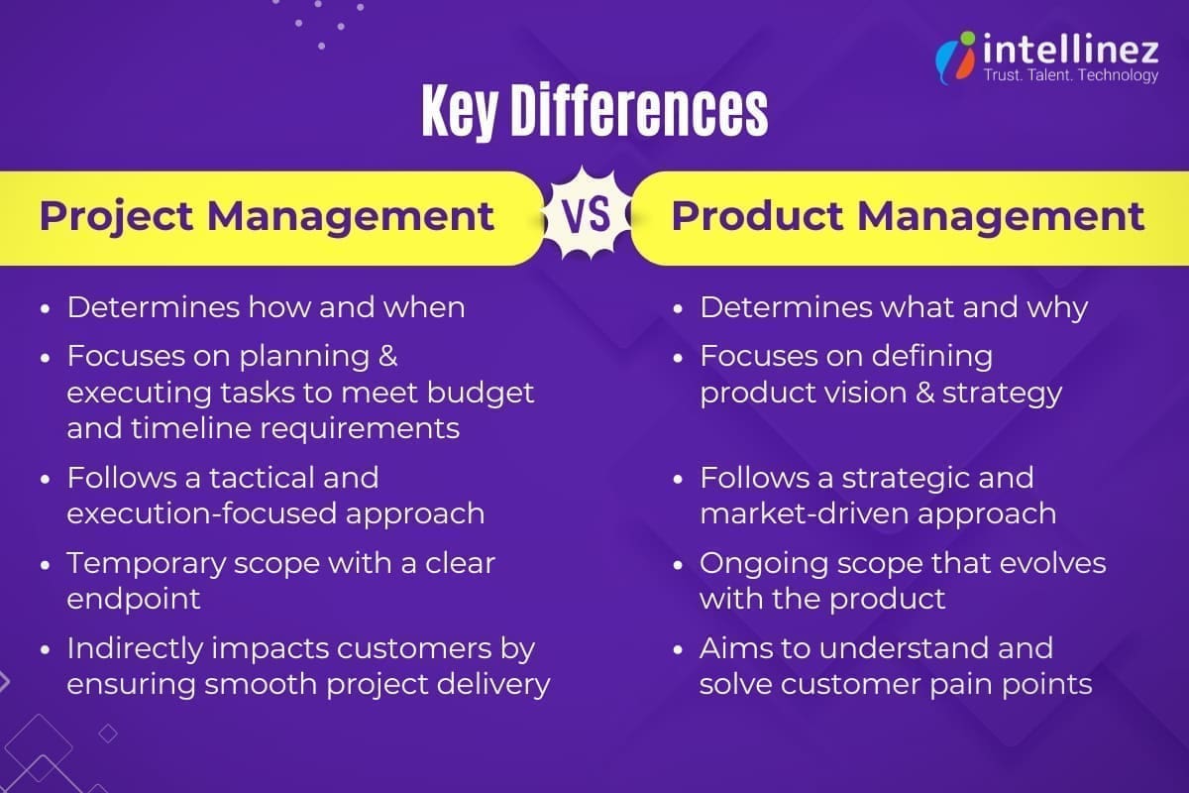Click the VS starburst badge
point(588,216)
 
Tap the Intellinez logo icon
point(955,57)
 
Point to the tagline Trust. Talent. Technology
point(1070,75)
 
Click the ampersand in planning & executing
point(387,355)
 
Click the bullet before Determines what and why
point(679,309)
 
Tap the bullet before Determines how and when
point(46,309)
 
